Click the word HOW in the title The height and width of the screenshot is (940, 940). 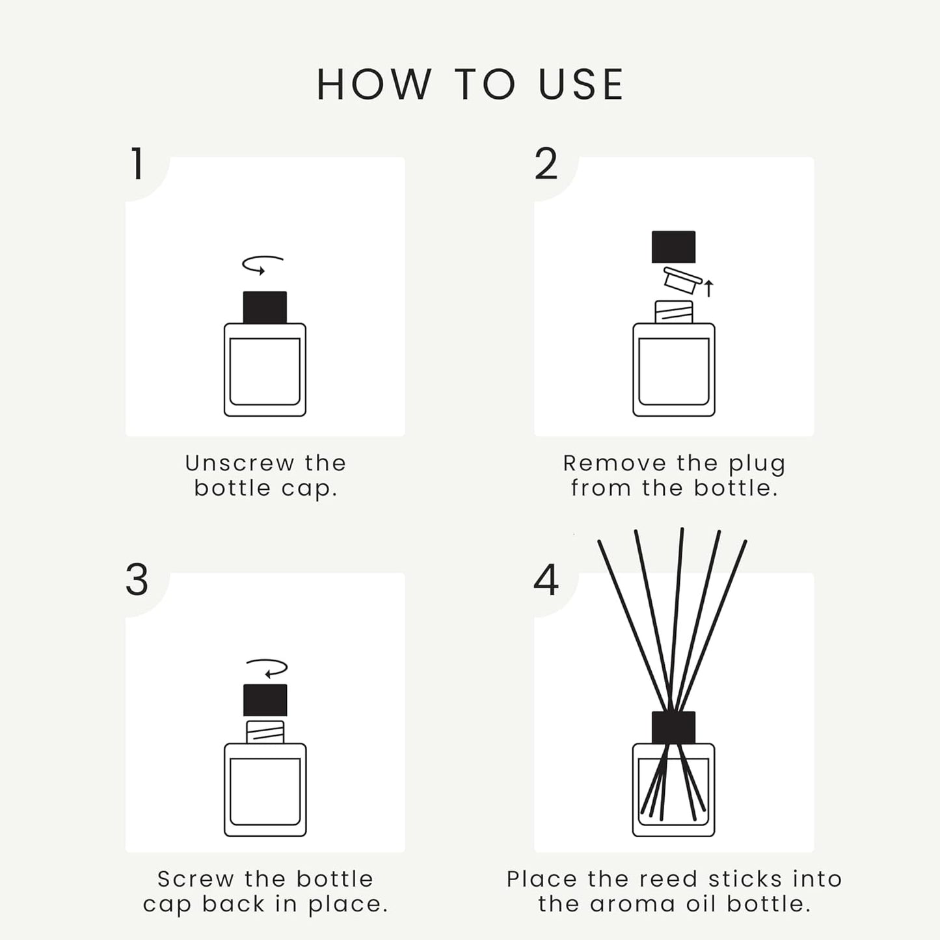point(374,85)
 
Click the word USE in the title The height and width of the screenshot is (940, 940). point(581,85)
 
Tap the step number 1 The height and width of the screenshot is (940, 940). point(137,164)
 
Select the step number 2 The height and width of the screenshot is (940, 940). point(546,164)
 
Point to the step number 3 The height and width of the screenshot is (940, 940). point(137,580)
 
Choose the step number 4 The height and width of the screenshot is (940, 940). point(546,580)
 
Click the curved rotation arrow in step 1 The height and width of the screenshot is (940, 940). point(262,264)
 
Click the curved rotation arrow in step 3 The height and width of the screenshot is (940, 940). point(267,668)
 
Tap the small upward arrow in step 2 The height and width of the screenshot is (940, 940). point(709,288)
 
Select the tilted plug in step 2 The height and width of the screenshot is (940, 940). point(682,281)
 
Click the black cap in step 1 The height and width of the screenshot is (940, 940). point(265,307)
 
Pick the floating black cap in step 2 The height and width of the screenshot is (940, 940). point(673,247)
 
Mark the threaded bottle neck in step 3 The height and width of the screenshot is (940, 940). point(265,732)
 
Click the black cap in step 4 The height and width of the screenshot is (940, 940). point(673,727)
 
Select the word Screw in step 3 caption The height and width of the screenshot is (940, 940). point(195,879)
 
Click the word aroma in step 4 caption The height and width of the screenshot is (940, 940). point(623,904)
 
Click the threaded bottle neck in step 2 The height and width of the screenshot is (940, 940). point(673,312)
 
